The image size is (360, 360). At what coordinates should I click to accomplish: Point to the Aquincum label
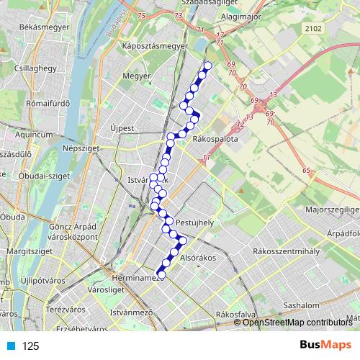[33, 134]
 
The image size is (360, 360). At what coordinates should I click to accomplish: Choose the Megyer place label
[136, 75]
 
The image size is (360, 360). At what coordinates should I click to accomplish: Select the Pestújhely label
[195, 222]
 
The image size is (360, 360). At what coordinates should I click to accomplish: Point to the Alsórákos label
[198, 256]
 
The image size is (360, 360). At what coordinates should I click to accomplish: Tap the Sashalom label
[300, 305]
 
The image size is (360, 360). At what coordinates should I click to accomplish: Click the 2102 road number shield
[314, 28]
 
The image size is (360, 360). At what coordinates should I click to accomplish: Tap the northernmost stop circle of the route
[208, 66]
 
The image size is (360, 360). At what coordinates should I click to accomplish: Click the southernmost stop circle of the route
[161, 274]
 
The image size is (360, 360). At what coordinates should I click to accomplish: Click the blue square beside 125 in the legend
[9, 346]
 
